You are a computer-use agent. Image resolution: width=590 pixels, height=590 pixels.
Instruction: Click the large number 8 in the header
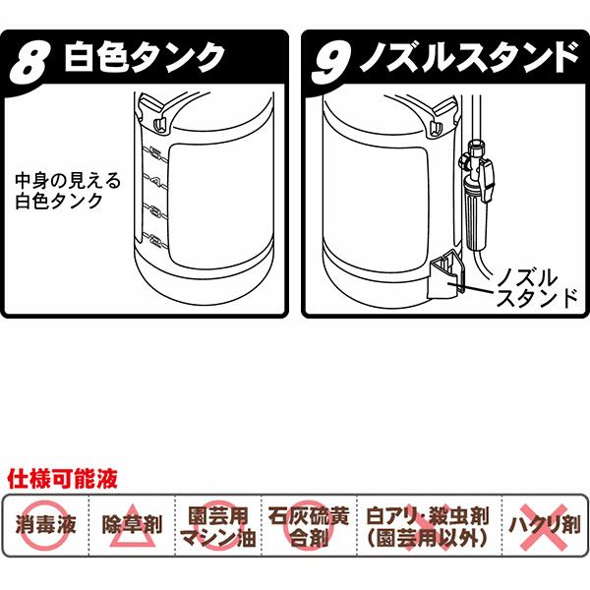coord(29,63)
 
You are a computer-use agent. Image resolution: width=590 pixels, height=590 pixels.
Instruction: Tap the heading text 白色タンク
coord(145,57)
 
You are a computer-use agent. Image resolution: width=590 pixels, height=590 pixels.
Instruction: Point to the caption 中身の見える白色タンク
coord(68,191)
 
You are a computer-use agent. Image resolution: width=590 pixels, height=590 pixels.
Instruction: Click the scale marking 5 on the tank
coord(155,153)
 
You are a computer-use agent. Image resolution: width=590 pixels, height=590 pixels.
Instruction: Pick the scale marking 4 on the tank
coord(155,182)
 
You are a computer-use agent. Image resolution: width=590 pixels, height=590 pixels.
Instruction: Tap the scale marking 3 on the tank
coord(155,210)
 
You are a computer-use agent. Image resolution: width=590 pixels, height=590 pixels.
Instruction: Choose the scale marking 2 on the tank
coord(155,239)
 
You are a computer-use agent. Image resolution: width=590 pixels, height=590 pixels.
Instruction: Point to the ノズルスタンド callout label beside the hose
coord(537,288)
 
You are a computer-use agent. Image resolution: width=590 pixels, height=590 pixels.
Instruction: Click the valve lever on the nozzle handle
coord(487,180)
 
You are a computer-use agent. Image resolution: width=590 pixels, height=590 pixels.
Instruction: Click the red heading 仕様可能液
coord(63,479)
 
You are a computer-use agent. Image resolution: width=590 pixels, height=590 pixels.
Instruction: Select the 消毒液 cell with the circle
coord(46,525)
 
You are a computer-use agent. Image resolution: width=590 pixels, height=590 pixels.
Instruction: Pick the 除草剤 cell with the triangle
coord(132,525)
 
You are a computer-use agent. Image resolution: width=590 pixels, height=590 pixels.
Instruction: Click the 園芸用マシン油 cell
coord(218,525)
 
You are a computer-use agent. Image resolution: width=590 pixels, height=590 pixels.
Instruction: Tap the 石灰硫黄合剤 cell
coord(309,525)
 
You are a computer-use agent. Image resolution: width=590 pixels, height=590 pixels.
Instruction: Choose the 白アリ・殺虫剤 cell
coord(429,525)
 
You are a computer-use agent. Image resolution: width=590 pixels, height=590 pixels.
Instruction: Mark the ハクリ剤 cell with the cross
coord(545,525)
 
